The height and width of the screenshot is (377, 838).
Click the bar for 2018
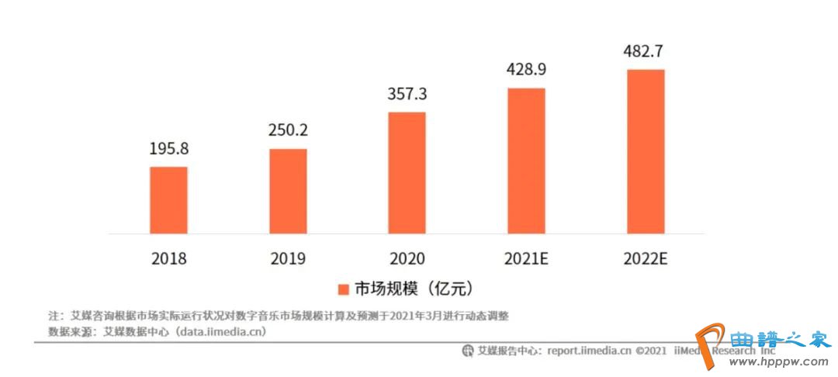(168, 199)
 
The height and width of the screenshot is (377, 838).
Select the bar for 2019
(288, 191)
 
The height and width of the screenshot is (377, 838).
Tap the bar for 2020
(407, 172)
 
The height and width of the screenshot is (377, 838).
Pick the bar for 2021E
(526, 161)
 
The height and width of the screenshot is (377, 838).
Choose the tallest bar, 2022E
(646, 151)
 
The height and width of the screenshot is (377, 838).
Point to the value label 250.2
(288, 130)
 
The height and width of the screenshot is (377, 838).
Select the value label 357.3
(407, 94)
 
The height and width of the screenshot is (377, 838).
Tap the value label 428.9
(526, 70)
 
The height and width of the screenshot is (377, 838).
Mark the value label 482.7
(646, 52)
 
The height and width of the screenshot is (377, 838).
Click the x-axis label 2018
(168, 259)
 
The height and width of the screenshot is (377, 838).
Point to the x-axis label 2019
(288, 259)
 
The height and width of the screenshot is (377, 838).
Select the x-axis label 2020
(407, 259)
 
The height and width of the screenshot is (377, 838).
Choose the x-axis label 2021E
(526, 259)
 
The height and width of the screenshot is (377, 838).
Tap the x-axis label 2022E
(646, 259)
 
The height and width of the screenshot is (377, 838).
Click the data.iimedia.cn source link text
(221, 331)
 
